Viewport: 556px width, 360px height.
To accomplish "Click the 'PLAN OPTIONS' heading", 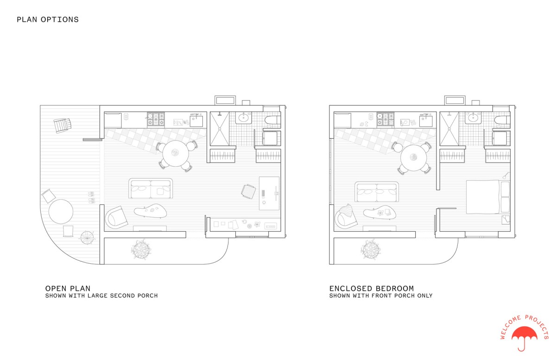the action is (x=48, y=19).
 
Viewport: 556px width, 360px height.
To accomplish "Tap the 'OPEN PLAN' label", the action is (x=68, y=288).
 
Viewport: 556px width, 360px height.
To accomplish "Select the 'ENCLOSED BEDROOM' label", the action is (x=372, y=288).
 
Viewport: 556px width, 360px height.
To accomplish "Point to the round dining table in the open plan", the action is (x=176, y=153).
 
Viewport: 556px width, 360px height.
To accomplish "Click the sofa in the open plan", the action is (x=151, y=189).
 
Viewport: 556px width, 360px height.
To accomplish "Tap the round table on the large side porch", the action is (x=61, y=212).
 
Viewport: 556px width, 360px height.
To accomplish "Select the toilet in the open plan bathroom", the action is (x=272, y=120).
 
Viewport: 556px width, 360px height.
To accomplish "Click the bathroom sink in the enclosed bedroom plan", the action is (x=473, y=117).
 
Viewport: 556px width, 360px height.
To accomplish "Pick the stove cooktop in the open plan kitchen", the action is (x=156, y=119).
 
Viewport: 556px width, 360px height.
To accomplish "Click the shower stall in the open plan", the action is (x=220, y=129).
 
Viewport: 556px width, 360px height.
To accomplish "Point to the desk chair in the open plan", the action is (x=248, y=191).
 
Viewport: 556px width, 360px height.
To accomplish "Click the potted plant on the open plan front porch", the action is (x=141, y=249).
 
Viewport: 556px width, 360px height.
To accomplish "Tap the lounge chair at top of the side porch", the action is (x=62, y=126).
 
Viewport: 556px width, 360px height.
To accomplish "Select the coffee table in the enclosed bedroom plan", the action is (x=379, y=213).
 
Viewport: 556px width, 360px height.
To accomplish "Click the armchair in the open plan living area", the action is (x=116, y=217).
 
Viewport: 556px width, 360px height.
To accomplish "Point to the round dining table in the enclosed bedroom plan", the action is (x=413, y=158).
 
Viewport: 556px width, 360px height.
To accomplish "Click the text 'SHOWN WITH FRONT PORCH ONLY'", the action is (x=381, y=296).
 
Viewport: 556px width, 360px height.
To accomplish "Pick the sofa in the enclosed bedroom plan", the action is (x=377, y=192).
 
